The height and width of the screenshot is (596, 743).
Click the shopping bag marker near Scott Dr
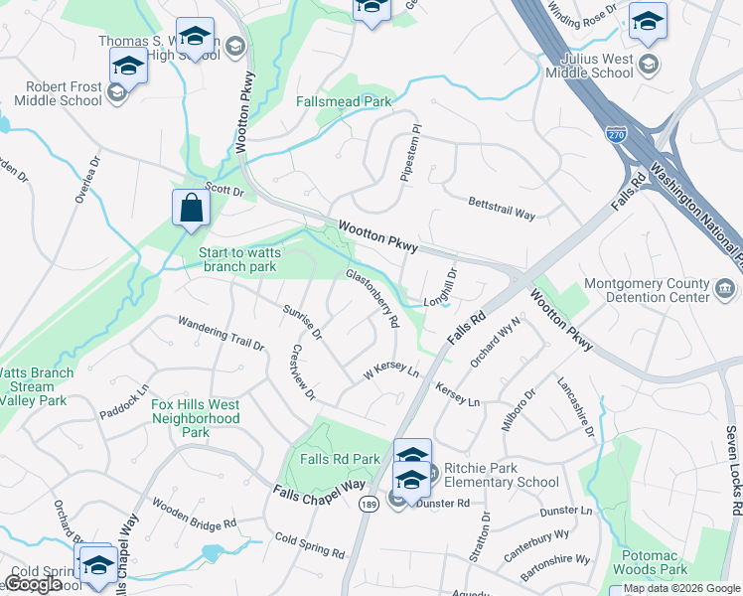pos(191,209)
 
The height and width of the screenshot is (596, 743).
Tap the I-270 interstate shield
pos(617,133)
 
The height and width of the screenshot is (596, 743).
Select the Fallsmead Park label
pos(344,101)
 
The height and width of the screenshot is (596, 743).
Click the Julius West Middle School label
pos(596,66)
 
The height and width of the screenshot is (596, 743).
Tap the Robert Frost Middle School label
pos(58,93)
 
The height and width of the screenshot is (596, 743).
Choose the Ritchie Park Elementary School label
pos(501,475)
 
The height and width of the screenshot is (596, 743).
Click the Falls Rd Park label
pos(340,459)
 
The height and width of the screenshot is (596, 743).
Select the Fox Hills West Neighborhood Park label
pos(196,418)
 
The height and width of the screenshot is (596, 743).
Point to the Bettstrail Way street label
pos(502,208)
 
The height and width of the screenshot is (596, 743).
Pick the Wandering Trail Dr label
pos(221,335)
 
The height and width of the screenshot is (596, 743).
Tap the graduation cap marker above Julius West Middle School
pos(648,21)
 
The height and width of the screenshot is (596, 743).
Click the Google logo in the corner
pos(33,583)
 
